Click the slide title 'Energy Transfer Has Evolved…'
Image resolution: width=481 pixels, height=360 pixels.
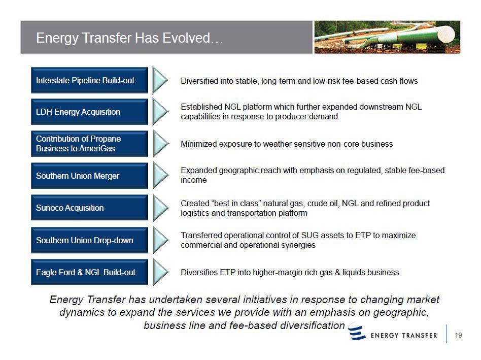129,38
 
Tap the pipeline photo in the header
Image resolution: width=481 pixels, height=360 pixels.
387,37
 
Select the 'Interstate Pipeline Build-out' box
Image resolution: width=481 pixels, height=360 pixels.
89,80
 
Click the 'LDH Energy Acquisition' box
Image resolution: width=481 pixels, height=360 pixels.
89,112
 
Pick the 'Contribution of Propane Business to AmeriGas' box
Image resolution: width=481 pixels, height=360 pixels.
89,144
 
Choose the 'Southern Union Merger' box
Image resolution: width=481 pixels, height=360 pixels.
89,176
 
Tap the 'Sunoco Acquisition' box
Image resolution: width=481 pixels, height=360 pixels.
89,208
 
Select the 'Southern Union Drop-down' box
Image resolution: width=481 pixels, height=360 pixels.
89,240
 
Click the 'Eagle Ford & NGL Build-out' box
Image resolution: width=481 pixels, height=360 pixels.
89,272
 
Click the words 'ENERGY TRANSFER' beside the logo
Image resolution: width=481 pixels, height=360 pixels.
404,335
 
